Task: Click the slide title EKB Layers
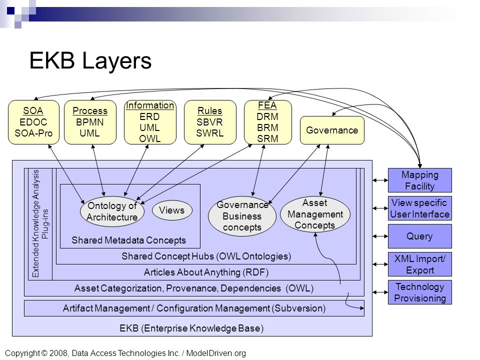90,60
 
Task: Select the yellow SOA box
33,122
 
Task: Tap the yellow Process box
90,122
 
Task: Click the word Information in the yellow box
150,105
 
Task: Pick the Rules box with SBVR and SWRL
210,122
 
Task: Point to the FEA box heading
267,105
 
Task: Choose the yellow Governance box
332,130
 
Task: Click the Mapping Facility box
419,180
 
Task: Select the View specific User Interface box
419,208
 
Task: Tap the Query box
419,236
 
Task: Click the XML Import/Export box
419,264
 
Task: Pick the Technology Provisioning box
419,292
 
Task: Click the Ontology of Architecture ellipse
112,211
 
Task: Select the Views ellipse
172,210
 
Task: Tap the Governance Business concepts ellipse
242,216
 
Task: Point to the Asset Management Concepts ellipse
315,214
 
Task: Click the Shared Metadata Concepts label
128,240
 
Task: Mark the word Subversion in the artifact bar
299,308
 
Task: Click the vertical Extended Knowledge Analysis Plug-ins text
40,223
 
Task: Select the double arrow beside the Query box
380,236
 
